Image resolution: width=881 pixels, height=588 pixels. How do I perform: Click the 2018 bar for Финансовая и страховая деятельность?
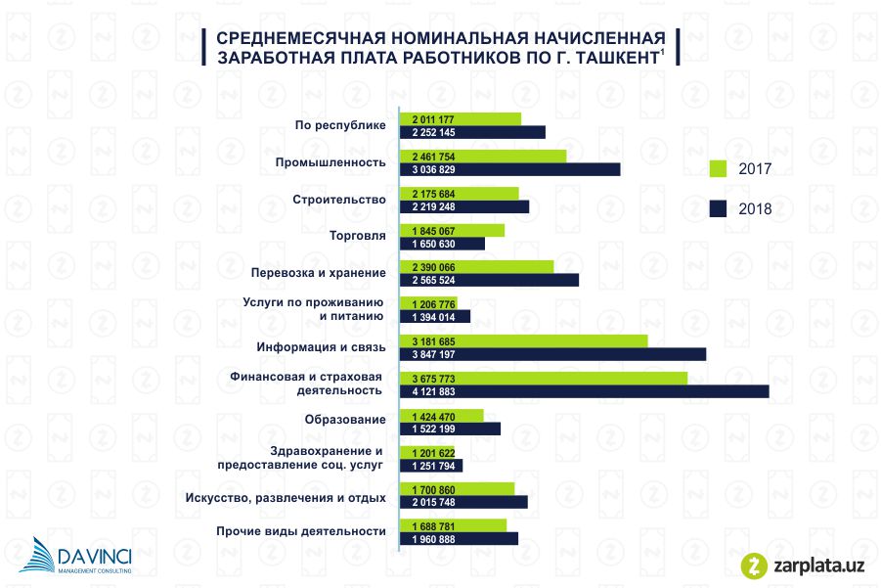point(587,391)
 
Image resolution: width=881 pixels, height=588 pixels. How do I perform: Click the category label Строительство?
point(339,200)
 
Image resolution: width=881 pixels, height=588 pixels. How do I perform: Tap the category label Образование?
point(345,421)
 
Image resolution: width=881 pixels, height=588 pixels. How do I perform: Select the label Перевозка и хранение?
point(318,273)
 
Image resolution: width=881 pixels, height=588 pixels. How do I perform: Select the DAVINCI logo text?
point(93,556)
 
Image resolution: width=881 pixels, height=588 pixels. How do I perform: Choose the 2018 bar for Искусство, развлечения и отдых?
point(464,502)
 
